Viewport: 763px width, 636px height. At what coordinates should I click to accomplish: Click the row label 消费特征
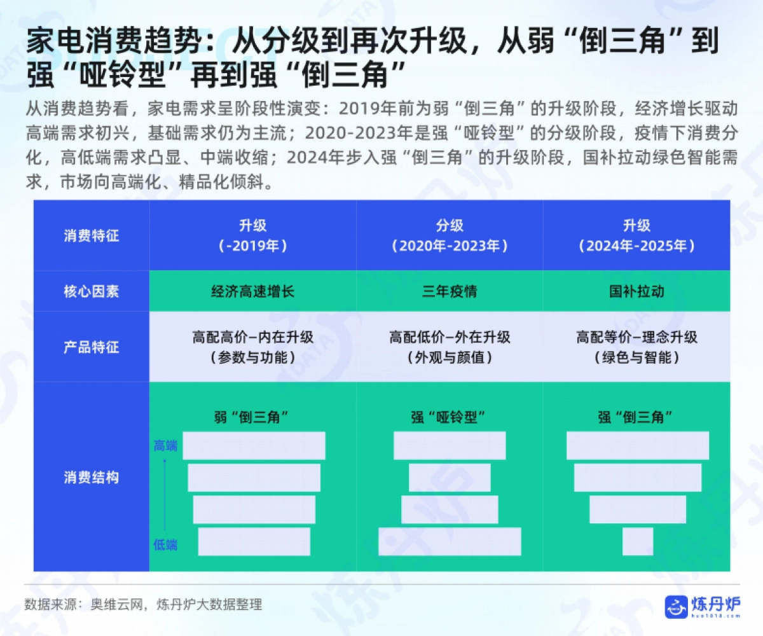click(91, 236)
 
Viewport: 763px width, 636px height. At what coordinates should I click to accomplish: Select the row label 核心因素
click(91, 291)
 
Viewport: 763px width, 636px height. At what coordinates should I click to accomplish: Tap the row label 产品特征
click(91, 347)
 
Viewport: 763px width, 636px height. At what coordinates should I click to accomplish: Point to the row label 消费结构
click(91, 478)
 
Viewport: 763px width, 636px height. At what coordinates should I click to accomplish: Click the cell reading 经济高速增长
click(252, 291)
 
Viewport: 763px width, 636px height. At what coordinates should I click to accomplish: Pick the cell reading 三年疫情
click(450, 291)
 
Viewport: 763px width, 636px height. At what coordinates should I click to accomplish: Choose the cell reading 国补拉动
click(636, 291)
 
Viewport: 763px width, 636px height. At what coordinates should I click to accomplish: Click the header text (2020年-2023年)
click(450, 246)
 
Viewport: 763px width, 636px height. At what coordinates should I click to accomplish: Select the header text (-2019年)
click(252, 246)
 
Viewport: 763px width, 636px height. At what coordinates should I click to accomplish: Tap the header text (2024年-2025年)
click(636, 246)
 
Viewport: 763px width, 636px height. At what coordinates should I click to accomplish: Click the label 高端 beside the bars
click(165, 446)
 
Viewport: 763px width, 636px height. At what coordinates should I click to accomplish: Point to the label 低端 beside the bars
click(165, 544)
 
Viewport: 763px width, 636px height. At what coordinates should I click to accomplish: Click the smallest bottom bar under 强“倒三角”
click(638, 542)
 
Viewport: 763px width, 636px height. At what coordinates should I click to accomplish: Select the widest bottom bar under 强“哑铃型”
click(450, 542)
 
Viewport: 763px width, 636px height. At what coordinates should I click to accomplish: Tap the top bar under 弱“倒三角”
click(254, 446)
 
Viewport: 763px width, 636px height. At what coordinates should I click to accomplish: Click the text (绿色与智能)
click(636, 358)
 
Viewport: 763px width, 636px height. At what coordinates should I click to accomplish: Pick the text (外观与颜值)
click(450, 358)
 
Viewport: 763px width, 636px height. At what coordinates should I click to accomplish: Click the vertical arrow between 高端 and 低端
click(165, 495)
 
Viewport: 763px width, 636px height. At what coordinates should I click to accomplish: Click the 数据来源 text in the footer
click(51, 604)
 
